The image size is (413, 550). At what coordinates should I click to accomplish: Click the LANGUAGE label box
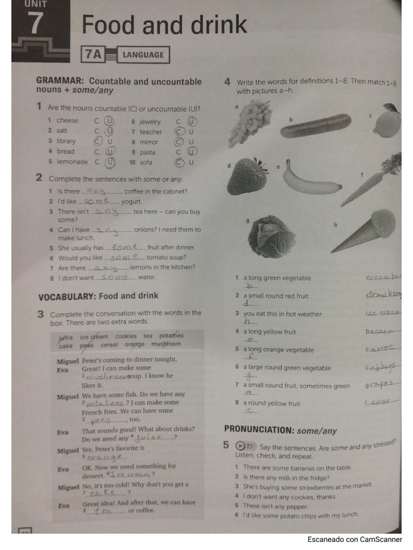(x=143, y=55)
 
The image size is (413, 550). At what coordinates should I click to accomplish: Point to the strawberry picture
(x=247, y=176)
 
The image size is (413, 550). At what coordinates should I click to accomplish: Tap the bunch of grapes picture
(x=250, y=121)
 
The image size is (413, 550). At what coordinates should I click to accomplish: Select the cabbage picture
(x=272, y=236)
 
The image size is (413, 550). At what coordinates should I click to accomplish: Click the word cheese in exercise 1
(x=67, y=120)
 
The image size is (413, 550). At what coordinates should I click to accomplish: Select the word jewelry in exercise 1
(x=150, y=122)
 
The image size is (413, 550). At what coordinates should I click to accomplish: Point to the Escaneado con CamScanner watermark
(x=354, y=539)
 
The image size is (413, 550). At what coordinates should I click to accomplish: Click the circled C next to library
(x=98, y=141)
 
